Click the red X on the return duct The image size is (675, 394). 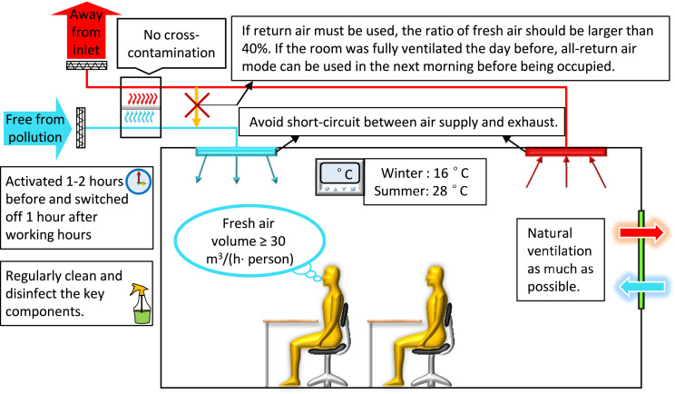click(x=192, y=103)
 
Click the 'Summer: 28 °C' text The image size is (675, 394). click(x=425, y=193)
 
